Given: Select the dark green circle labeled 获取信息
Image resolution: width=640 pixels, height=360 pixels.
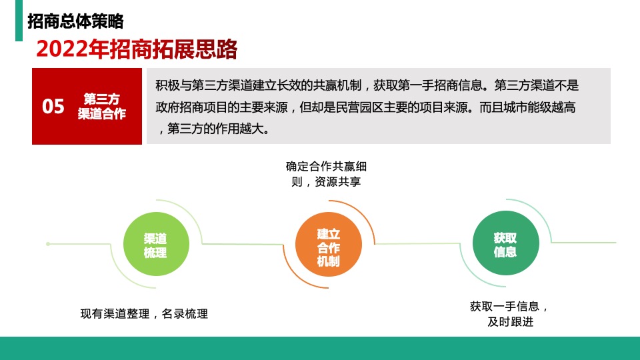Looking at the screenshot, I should tap(505, 244).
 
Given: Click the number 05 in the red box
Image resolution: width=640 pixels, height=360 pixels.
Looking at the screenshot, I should tap(53, 107).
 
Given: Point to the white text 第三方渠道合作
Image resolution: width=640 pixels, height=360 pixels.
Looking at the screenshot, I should tap(101, 107).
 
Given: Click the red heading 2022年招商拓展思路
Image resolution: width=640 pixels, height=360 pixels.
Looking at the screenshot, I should tap(137, 49).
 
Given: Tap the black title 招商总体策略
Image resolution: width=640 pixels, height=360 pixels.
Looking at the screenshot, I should tap(75, 21).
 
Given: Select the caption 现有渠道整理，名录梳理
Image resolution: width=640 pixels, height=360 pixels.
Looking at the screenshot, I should tap(144, 313).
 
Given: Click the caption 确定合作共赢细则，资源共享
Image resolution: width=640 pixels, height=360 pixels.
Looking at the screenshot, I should tap(326, 173).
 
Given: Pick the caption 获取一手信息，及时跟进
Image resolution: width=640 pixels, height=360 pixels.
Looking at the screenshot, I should tap(510, 314).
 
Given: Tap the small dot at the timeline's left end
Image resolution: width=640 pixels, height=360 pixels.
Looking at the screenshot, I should tap(47, 244).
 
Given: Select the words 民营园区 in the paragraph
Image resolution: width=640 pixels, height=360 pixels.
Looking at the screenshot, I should tap(376, 107).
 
